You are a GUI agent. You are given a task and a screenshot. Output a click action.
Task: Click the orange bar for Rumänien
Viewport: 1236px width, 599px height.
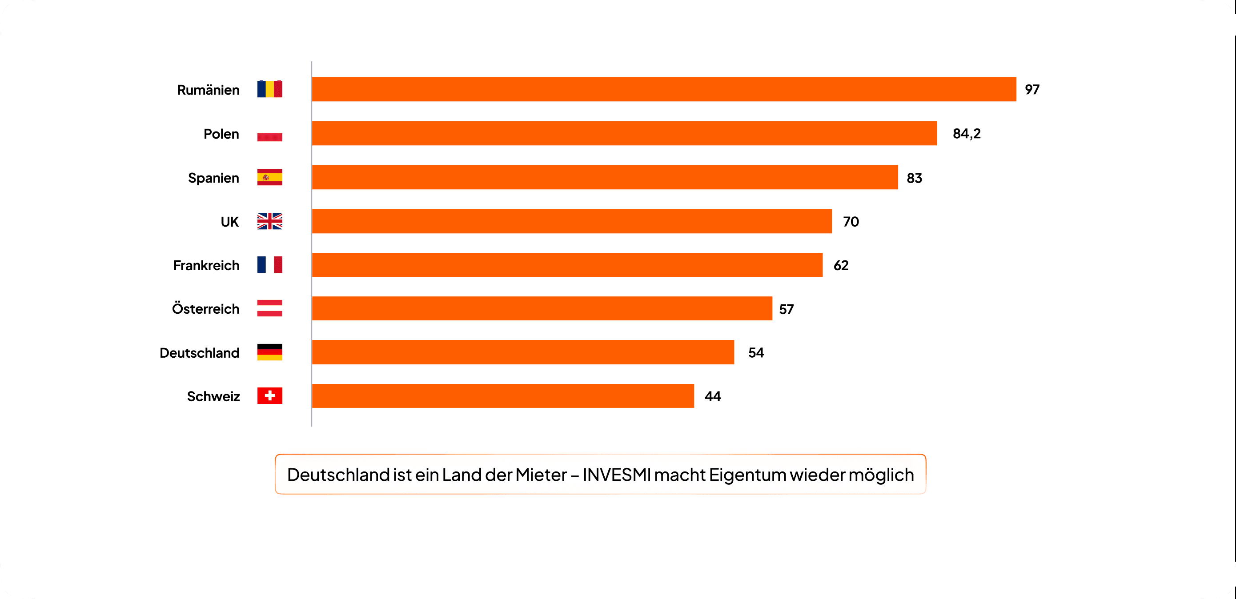point(664,89)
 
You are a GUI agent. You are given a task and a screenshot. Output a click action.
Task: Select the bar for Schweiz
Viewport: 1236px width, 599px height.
point(503,396)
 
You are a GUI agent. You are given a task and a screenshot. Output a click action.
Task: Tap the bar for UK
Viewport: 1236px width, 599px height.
point(571,221)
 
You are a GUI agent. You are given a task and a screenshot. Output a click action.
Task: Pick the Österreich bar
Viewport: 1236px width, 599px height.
point(542,308)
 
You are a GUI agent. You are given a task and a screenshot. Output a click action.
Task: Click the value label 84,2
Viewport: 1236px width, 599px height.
point(966,133)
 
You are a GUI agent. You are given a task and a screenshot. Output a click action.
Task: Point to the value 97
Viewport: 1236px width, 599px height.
point(1031,90)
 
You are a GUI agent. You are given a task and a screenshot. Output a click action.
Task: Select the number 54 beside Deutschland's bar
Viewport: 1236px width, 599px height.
point(756,353)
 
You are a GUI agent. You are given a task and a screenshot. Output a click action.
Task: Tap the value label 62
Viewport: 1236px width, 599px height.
point(841,265)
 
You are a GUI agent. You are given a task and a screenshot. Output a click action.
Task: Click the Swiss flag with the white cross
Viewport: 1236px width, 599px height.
point(270,395)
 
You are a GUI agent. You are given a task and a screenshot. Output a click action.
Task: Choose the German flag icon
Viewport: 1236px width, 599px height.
point(270,352)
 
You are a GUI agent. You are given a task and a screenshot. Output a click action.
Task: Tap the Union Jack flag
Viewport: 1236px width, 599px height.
point(270,221)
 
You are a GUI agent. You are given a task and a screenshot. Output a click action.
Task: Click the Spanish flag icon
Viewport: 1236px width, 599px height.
point(270,177)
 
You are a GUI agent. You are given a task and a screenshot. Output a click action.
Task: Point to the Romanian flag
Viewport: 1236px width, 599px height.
point(270,89)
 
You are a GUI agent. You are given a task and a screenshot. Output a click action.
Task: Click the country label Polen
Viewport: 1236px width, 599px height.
point(221,134)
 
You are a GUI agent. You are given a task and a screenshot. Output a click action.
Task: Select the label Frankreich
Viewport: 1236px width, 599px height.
point(206,265)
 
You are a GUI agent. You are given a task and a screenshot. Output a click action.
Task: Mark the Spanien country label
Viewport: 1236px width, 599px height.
point(213,178)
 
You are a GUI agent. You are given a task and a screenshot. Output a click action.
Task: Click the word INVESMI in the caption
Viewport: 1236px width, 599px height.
point(617,475)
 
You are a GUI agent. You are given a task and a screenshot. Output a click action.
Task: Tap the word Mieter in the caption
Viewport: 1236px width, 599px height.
point(541,475)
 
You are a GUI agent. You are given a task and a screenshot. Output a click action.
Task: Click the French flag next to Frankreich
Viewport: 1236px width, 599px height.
point(270,265)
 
